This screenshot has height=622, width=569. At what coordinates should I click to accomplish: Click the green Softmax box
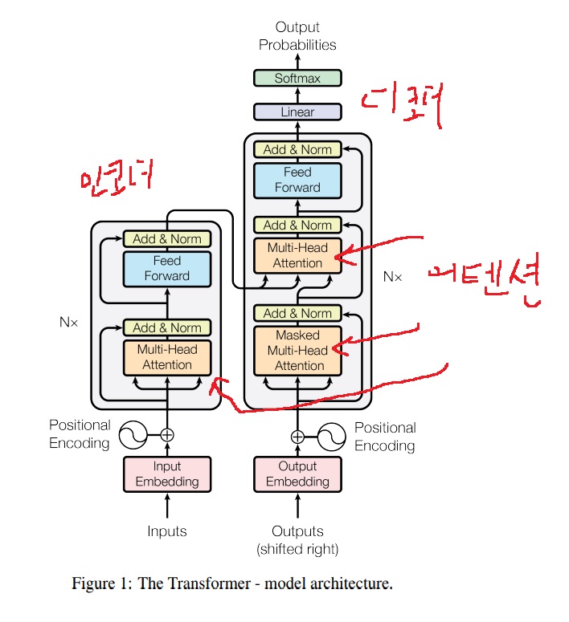(297, 78)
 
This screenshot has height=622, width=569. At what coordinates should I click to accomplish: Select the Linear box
(297, 112)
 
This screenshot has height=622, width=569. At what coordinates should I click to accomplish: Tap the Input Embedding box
(167, 474)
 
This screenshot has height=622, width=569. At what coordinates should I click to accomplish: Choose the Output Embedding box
(297, 474)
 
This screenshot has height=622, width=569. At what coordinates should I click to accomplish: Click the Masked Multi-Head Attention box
(297, 350)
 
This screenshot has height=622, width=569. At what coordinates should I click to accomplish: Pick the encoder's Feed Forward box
(167, 268)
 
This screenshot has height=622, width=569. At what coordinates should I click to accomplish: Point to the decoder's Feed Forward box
(297, 180)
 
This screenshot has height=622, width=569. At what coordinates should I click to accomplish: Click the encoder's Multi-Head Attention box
(167, 357)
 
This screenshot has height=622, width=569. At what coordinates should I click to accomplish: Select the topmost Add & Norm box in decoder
(297, 149)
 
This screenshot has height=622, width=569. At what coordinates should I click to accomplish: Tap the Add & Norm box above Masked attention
(297, 313)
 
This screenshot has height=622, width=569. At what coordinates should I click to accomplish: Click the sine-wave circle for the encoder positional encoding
(133, 435)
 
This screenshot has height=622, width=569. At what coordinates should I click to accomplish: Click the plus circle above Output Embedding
(297, 437)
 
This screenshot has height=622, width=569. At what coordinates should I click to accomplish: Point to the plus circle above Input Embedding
(167, 435)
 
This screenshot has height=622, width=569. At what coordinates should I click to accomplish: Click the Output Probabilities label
(297, 36)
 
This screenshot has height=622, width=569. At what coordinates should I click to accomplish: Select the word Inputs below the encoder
(167, 531)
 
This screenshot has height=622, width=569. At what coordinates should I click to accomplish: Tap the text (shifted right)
(297, 550)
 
